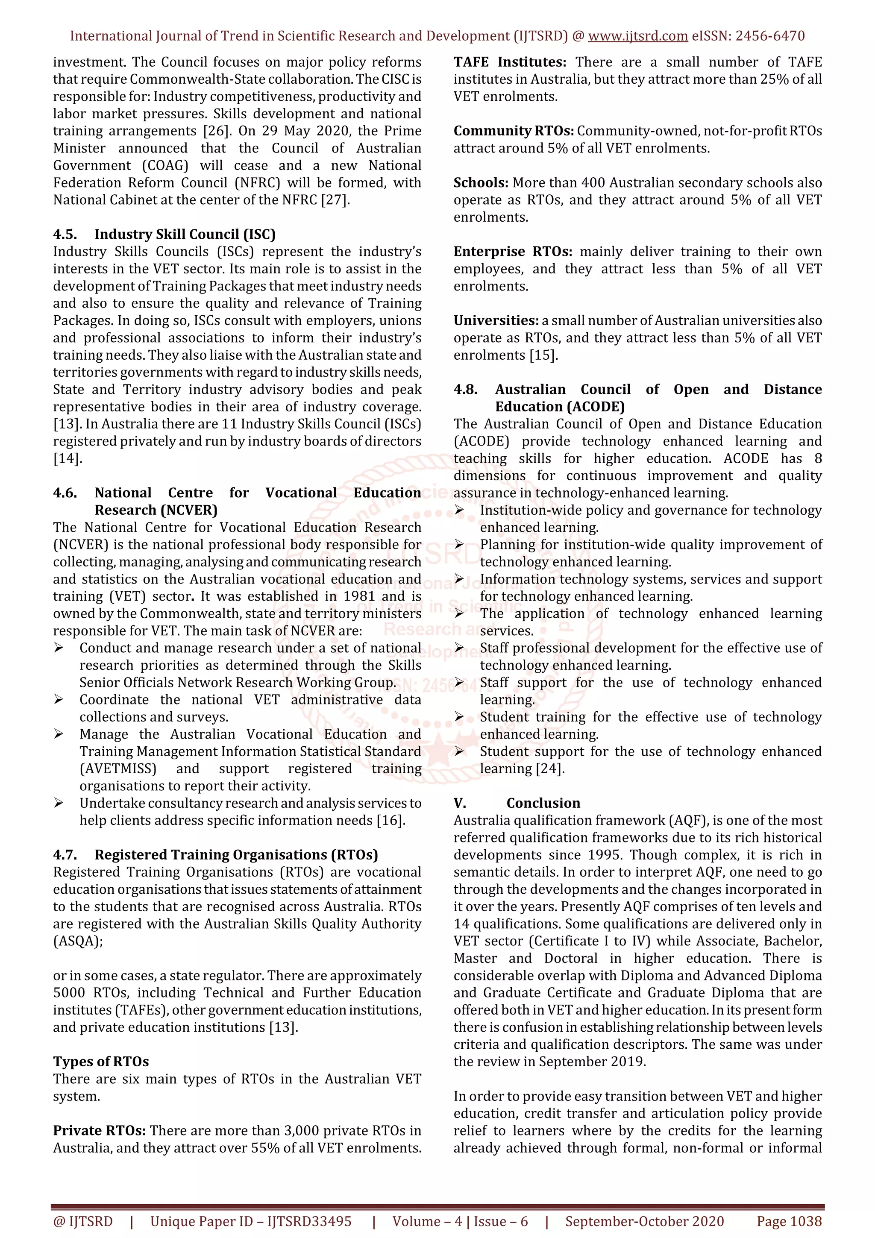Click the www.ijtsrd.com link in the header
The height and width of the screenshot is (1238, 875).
pos(637,36)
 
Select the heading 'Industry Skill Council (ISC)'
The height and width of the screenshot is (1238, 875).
pos(185,234)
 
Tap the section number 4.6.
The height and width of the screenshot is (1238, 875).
pos(65,493)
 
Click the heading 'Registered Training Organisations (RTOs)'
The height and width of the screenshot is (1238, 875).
pos(236,855)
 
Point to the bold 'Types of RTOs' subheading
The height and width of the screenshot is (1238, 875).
pos(101,1062)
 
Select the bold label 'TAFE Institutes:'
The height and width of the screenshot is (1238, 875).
pos(509,62)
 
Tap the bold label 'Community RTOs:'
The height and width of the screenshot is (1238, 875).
pos(513,131)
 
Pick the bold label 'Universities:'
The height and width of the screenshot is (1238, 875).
pos(496,321)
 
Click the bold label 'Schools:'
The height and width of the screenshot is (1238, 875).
pos(480,183)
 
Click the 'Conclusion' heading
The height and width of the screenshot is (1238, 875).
pos(543,803)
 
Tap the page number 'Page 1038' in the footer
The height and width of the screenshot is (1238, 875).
pos(789,1221)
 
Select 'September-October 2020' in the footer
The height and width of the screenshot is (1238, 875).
pos(644,1221)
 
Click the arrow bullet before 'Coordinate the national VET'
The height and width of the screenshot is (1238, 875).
pos(59,700)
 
